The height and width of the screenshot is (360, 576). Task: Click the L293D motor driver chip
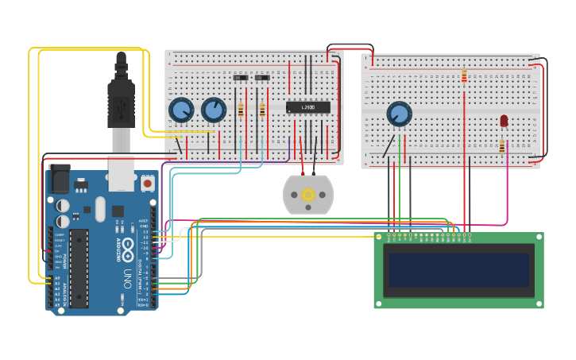coord(307,106)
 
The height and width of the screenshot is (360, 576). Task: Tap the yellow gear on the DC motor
coord(308,194)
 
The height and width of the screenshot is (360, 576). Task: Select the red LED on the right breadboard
coord(504,121)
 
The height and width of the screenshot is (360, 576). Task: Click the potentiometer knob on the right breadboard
coord(399,114)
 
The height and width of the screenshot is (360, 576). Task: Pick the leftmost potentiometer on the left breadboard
coord(181,110)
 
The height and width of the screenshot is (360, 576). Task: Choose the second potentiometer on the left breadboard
coord(213,109)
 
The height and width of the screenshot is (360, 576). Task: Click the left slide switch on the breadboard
coord(241,78)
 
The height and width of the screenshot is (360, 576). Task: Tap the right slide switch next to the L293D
coord(262,78)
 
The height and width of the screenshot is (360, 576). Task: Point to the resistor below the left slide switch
coord(241,110)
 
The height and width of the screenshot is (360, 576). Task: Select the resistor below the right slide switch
coord(262,110)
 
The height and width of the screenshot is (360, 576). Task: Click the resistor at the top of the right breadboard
coord(464,76)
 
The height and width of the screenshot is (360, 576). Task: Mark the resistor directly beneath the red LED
coord(501,145)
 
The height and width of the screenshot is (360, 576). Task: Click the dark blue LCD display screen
coord(457,270)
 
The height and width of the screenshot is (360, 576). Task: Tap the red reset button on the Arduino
coord(147,183)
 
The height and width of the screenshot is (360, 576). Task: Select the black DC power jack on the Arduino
coord(60,180)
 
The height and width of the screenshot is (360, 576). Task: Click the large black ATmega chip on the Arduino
coord(79,268)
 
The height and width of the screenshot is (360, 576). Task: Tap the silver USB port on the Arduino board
coord(121,173)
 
